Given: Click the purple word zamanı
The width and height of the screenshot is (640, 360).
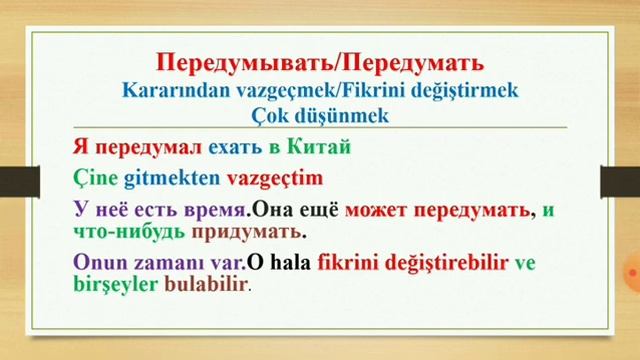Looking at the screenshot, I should tap(167, 263).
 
